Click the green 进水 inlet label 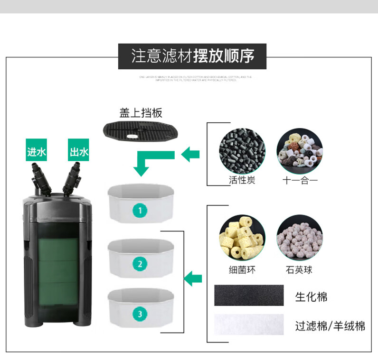(36, 152)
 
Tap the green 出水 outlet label (78, 152)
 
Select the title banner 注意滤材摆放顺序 (192, 56)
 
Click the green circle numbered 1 (140, 210)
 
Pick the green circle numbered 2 (140, 264)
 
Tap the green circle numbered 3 (140, 314)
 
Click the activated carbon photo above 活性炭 (242, 151)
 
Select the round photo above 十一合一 (300, 151)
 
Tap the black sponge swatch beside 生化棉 (249, 295)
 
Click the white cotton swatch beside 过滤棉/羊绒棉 (249, 325)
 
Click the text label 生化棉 (311, 297)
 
